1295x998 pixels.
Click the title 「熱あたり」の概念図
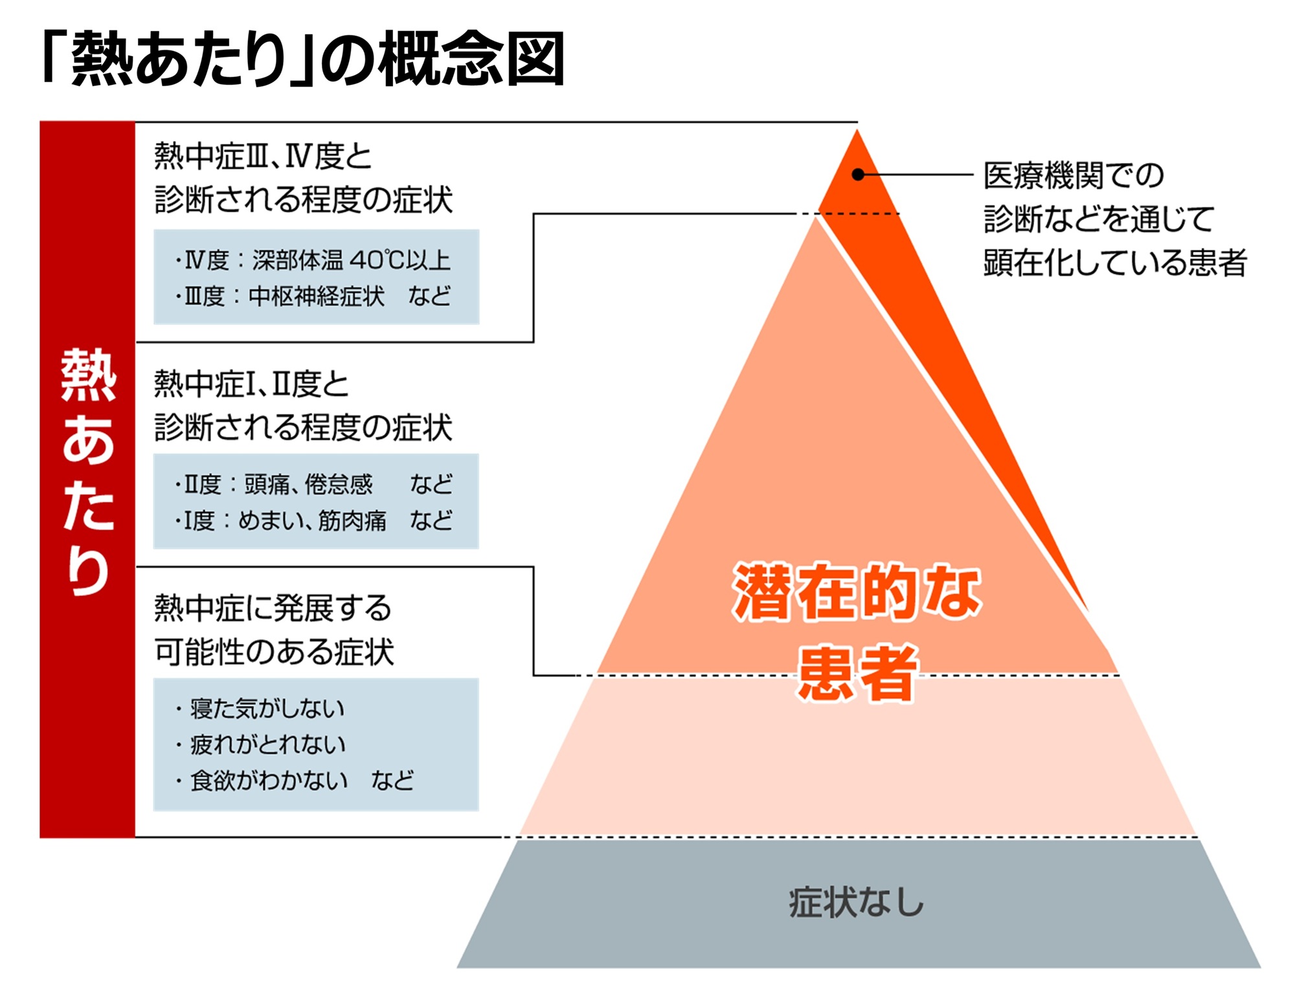tap(303, 58)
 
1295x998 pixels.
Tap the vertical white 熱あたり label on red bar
tap(88, 471)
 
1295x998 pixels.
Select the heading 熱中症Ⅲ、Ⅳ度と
tap(263, 156)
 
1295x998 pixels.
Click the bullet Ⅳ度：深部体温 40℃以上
tap(312, 260)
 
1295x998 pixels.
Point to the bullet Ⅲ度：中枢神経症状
tap(280, 296)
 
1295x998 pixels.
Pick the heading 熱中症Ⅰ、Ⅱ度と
tap(251, 384)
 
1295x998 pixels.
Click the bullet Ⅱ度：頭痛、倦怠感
tap(274, 484)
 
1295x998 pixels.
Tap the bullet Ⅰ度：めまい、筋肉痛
tap(280, 520)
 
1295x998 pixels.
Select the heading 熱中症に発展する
tap(273, 608)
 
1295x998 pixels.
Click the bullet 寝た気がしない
tap(260, 709)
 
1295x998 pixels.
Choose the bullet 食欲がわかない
tap(261, 781)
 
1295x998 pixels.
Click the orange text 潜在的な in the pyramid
tap(857, 592)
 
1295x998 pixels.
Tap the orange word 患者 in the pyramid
tap(857, 673)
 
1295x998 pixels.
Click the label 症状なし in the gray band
tap(856, 902)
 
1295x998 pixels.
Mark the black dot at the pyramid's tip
tap(858, 175)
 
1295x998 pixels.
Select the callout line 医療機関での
tap(1074, 175)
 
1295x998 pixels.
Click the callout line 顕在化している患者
tap(1115, 262)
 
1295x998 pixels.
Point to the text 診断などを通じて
tap(1099, 219)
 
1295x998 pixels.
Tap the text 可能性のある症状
tap(274, 652)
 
